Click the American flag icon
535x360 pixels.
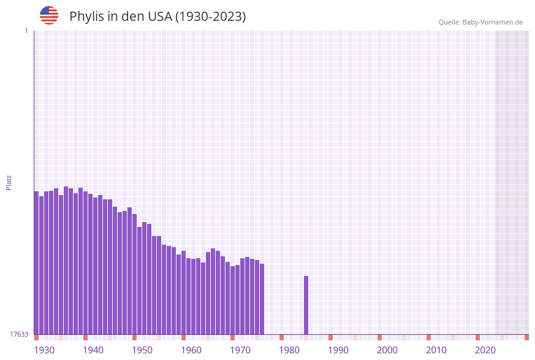click(x=49, y=15)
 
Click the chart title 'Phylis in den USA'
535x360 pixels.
click(x=157, y=17)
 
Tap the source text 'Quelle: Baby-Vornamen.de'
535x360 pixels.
click(x=480, y=22)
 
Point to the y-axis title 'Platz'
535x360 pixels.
click(x=9, y=182)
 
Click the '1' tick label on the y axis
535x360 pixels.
click(x=26, y=31)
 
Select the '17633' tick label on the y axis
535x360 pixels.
click(x=19, y=334)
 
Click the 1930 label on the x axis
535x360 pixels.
click(x=44, y=350)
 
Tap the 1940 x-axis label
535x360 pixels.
click(x=93, y=350)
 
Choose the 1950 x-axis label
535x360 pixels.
click(x=142, y=350)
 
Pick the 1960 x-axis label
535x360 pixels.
click(x=191, y=350)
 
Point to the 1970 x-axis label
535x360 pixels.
click(x=240, y=350)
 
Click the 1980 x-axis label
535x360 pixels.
click(x=289, y=350)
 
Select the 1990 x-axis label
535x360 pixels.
click(x=338, y=350)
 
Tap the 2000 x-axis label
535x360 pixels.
click(x=387, y=350)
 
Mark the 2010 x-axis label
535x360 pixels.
click(x=436, y=350)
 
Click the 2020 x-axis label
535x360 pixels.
click(x=485, y=350)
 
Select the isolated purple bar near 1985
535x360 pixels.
click(x=306, y=305)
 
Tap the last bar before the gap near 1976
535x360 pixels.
click(x=262, y=299)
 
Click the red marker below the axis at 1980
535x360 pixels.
click(x=282, y=337)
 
